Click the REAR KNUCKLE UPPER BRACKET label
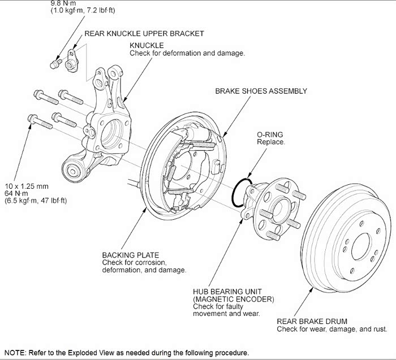click(x=144, y=34)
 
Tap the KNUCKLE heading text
click(x=147, y=45)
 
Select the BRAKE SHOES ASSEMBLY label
click(x=261, y=91)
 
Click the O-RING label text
click(x=270, y=135)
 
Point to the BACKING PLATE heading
click(x=131, y=255)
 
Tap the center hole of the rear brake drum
click(x=363, y=248)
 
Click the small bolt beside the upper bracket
click(x=55, y=63)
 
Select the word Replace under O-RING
click(x=271, y=142)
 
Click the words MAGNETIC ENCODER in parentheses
click(x=234, y=298)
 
